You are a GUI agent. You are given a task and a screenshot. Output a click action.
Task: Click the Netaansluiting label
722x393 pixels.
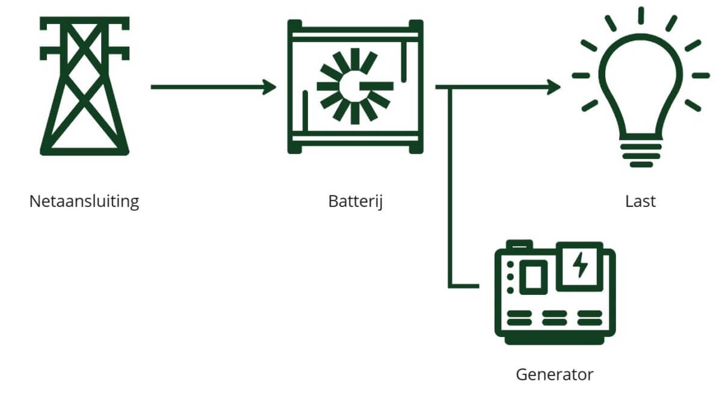(x=84, y=201)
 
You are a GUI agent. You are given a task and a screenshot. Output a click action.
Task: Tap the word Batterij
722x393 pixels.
(x=356, y=201)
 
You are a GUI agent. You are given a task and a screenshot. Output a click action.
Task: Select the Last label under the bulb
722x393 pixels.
(x=640, y=201)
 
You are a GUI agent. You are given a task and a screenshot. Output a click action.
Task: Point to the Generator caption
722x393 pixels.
(x=554, y=374)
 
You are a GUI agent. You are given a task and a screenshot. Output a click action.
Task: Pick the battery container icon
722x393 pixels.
(x=356, y=86)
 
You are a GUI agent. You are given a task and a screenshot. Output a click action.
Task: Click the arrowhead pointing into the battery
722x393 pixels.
(x=270, y=87)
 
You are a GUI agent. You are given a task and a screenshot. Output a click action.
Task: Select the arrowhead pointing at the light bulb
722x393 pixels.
(x=554, y=87)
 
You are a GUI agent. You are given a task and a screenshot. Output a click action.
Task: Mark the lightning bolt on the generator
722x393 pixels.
(x=580, y=265)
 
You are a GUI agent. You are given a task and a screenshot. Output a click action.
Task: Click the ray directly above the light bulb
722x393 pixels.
(x=641, y=16)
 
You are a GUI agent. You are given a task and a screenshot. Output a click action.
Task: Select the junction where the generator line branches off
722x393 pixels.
(x=450, y=87)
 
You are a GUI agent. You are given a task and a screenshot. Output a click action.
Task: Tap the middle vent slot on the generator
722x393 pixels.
(x=554, y=317)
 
